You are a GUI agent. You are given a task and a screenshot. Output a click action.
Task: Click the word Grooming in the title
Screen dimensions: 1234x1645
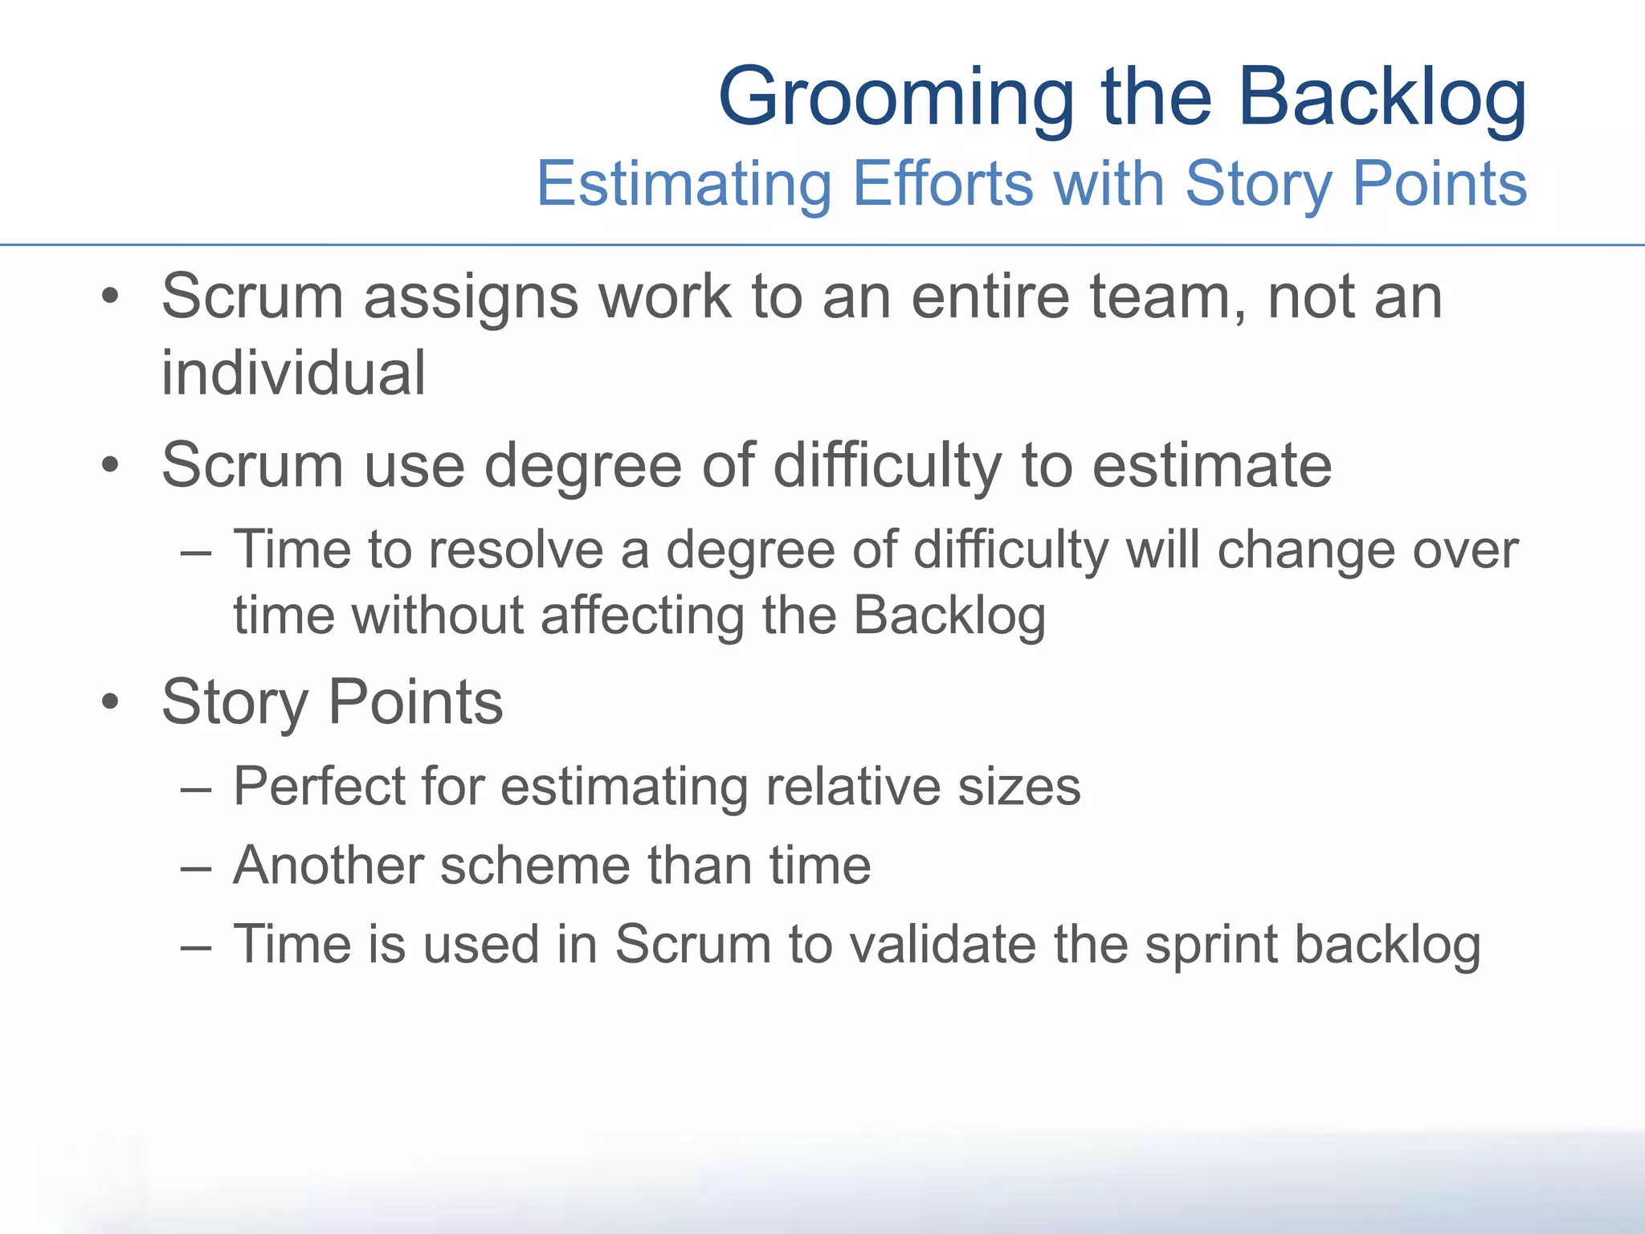pos(896,99)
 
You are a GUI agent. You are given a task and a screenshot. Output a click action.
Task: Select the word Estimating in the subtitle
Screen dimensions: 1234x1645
pos(684,185)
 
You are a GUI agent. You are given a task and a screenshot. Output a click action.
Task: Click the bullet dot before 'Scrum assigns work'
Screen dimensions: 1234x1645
pos(110,296)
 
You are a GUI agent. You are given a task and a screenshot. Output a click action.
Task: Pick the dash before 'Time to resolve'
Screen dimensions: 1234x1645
pos(196,553)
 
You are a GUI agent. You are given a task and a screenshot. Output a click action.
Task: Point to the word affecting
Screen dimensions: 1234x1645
pos(643,615)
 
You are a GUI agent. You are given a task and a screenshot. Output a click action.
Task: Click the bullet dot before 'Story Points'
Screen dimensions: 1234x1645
pos(110,701)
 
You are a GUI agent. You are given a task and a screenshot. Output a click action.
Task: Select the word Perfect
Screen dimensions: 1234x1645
pos(319,786)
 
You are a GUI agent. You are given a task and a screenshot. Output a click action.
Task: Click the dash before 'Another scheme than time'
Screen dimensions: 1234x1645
pos(196,868)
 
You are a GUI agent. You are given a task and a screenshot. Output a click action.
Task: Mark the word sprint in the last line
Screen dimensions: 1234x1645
pos(1210,945)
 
